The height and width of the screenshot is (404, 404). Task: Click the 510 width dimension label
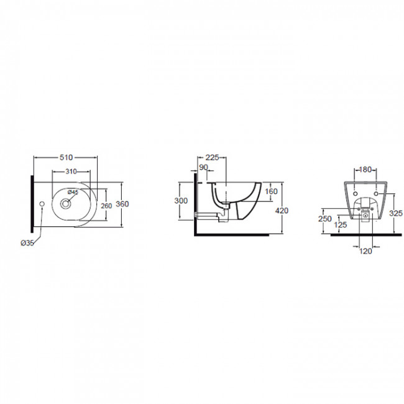pos(67,157)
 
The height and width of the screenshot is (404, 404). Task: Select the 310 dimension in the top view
pos(71,172)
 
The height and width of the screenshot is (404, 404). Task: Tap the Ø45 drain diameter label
pos(73,192)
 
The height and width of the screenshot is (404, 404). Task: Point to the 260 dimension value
pos(106,206)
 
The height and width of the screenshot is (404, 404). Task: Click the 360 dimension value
pos(122,204)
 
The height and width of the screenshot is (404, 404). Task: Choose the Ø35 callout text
pos(27,242)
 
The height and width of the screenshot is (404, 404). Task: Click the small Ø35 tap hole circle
pos(42,204)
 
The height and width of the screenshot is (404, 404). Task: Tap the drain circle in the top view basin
pos(65,204)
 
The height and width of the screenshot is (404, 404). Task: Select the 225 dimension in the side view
pos(213,157)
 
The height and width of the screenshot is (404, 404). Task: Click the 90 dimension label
pos(203,167)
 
